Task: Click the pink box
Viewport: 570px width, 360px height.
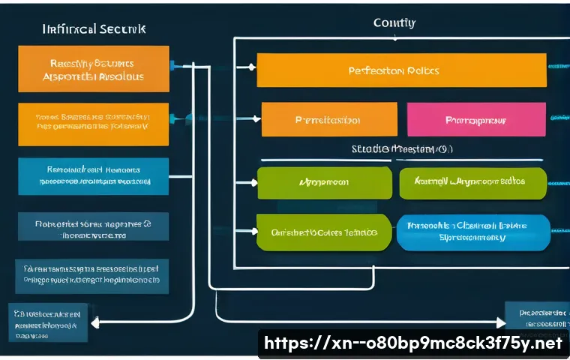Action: pos(476,119)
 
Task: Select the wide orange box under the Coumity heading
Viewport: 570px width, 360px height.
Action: pos(401,70)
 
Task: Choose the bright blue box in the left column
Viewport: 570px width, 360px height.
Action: pos(93,175)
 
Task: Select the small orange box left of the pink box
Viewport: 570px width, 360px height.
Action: pos(328,119)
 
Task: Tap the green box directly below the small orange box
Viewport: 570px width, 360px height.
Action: pos(324,182)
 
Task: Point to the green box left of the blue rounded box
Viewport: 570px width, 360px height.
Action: pos(324,232)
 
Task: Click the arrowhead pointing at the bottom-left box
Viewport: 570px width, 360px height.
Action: pos(97,322)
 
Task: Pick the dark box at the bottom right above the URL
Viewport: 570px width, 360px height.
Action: pos(536,313)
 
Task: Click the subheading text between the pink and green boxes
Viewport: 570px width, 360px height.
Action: pos(401,149)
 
